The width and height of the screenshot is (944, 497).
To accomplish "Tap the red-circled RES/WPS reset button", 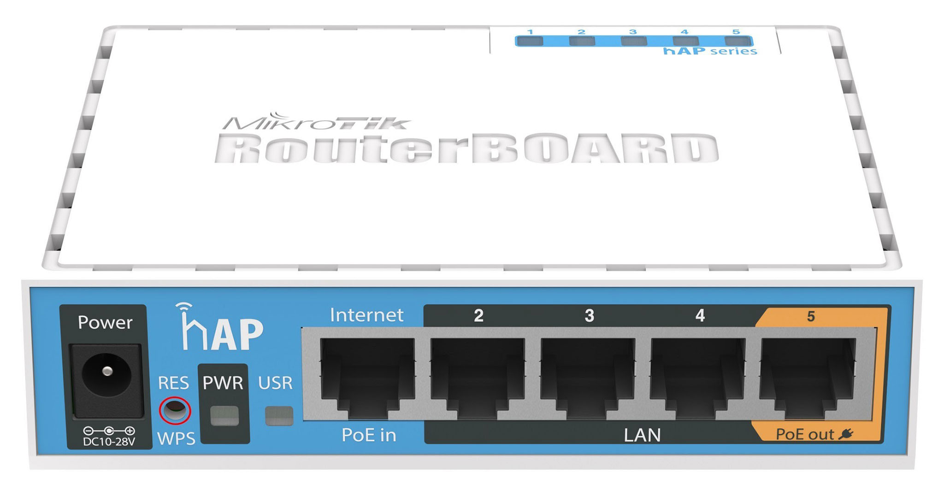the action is pyautogui.click(x=175, y=410).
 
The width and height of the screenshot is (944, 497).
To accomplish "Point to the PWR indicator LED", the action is pyautogui.click(x=224, y=415).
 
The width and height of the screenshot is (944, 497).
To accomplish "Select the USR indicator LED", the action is pyautogui.click(x=279, y=415).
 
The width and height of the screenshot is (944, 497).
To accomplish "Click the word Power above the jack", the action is pyautogui.click(x=105, y=322).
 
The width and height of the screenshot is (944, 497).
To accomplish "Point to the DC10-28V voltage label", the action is pyautogui.click(x=109, y=442).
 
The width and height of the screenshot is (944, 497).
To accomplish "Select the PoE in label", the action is pyautogui.click(x=369, y=435).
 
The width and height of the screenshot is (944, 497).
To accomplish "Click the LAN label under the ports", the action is pyautogui.click(x=642, y=435).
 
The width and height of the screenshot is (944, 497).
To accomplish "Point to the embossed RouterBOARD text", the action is pyautogui.click(x=466, y=148).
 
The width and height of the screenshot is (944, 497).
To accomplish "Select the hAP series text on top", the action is pyautogui.click(x=710, y=51).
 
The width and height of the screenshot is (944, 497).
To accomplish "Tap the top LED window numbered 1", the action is pyautogui.click(x=530, y=41).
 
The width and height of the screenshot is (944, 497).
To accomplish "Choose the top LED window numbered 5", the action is pyautogui.click(x=737, y=41).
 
